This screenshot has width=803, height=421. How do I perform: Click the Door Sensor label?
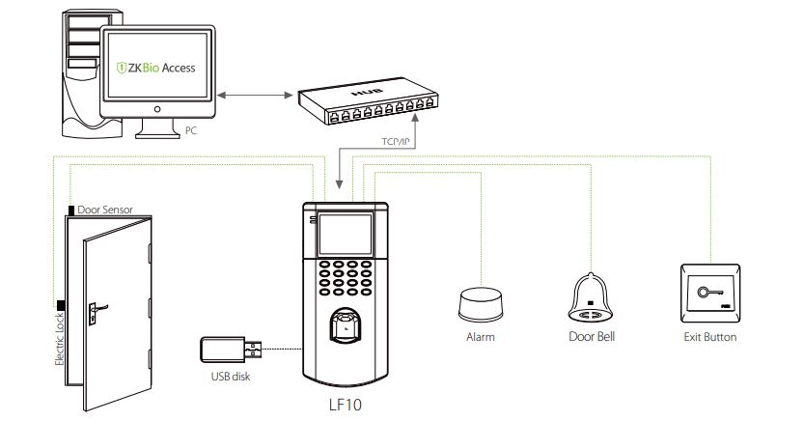(x=105, y=208)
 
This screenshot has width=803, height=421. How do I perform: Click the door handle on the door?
(x=96, y=310)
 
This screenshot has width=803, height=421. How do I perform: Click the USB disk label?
(x=230, y=377)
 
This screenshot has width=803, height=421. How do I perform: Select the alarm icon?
(x=481, y=302)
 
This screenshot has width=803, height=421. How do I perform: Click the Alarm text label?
(x=481, y=338)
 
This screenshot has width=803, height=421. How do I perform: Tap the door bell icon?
(x=590, y=296)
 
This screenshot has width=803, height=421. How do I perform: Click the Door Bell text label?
(x=590, y=338)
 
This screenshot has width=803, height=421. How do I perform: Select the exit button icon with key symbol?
(x=708, y=293)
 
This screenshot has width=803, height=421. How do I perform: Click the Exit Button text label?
(x=708, y=338)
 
